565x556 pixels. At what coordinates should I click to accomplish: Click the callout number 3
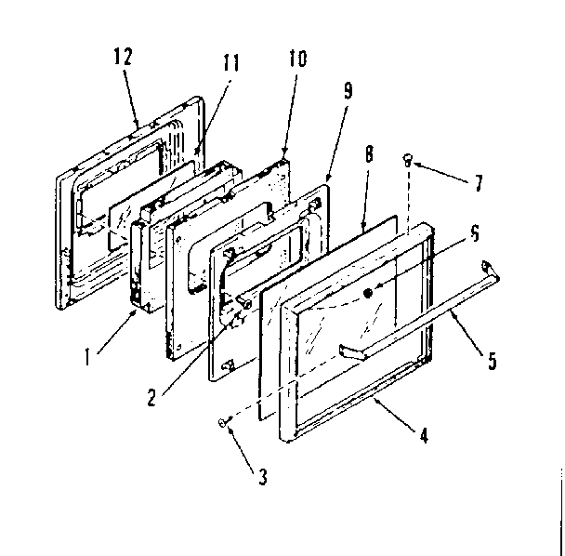coord(264,479)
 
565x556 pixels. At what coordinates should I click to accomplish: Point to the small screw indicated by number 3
coord(222,423)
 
